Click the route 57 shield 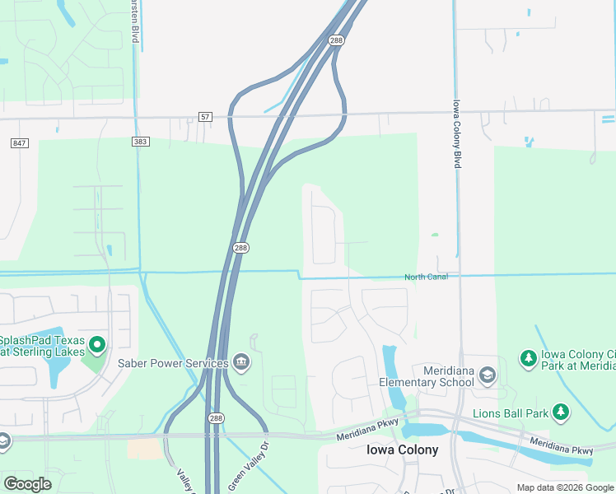pyautogui.click(x=205, y=118)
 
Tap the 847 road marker pyautogui.click(x=20, y=143)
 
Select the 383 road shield pyautogui.click(x=140, y=142)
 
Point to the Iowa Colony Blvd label pyautogui.click(x=456, y=135)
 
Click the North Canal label pyautogui.click(x=426, y=277)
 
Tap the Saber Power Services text pyautogui.click(x=173, y=363)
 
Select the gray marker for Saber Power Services pyautogui.click(x=240, y=362)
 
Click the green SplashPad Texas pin pyautogui.click(x=97, y=344)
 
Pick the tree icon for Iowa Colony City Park pyautogui.click(x=528, y=358)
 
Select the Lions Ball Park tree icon pyautogui.click(x=561, y=411)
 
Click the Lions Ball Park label pyautogui.click(x=511, y=413)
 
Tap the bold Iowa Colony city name pyautogui.click(x=402, y=450)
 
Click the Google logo pyautogui.click(x=27, y=484)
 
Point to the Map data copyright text pyautogui.click(x=566, y=487)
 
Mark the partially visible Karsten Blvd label pyautogui.click(x=133, y=21)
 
